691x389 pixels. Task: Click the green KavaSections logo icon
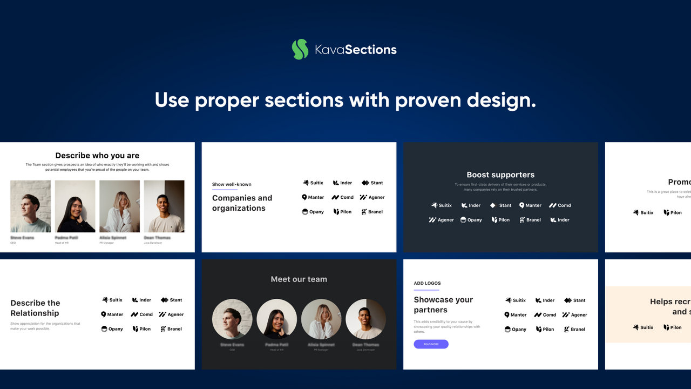pos(300,49)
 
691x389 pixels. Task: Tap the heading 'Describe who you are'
pos(97,156)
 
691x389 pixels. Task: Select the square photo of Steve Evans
pos(31,206)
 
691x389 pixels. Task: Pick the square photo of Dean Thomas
pos(164,206)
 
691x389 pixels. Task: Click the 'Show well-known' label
pos(232,184)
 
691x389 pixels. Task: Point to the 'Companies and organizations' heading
pos(242,203)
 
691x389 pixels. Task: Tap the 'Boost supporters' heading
pos(500,175)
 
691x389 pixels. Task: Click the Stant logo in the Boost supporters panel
pos(500,205)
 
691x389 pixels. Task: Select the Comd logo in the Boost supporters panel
pos(560,205)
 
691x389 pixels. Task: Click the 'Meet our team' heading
pos(299,279)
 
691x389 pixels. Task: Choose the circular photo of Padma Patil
pos(277,319)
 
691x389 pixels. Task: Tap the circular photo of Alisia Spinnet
pos(321,319)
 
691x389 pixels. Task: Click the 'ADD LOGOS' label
pos(427,283)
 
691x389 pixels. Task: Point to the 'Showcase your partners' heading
pos(443,305)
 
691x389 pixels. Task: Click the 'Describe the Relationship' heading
pos(35,308)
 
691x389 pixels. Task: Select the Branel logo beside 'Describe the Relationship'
pos(171,328)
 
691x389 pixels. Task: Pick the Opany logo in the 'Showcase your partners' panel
pos(515,329)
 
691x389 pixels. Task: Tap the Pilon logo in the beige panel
pos(672,327)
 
